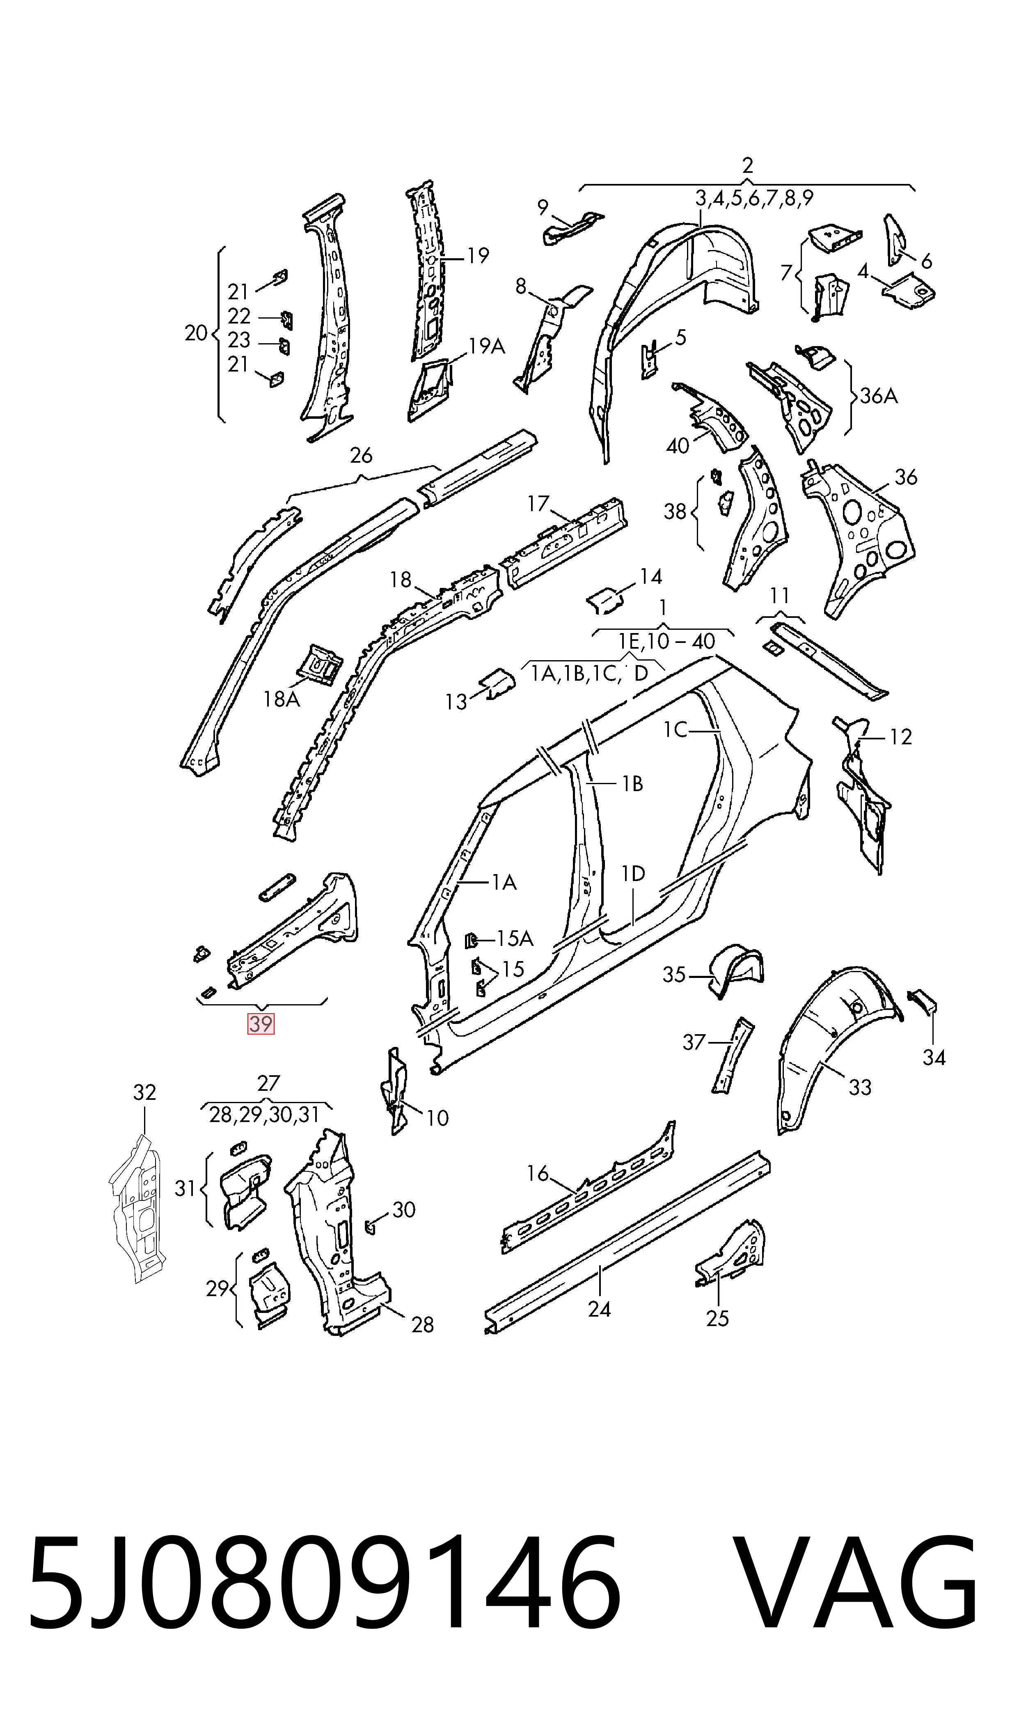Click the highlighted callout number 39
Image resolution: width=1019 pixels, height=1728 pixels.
click(261, 1024)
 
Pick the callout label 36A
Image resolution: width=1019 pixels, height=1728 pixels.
click(879, 396)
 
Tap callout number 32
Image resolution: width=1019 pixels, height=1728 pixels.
click(144, 1092)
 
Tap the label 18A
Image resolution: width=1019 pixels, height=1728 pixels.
click(282, 700)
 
